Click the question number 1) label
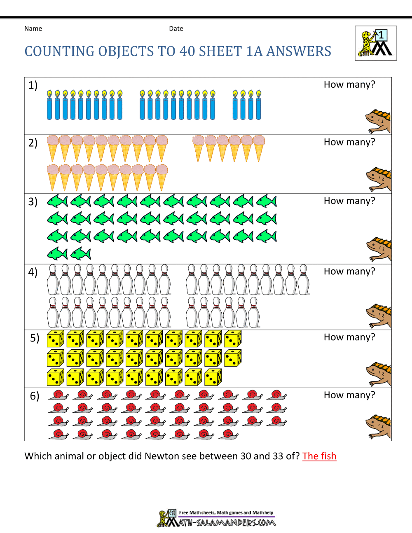point(33,85)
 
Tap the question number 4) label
point(33,272)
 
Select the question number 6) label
point(35,396)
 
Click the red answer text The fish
point(319,456)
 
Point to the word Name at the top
point(33,29)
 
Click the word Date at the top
point(176,29)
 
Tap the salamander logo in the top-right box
point(376,43)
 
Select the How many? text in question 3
point(349,201)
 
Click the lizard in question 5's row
point(378,374)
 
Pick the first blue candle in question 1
point(49,105)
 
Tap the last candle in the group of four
point(259,105)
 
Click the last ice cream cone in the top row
point(259,147)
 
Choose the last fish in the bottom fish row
point(81,253)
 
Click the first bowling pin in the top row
point(53,280)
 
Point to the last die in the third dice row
point(213,377)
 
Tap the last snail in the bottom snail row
point(229,434)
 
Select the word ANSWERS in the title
point(299,51)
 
